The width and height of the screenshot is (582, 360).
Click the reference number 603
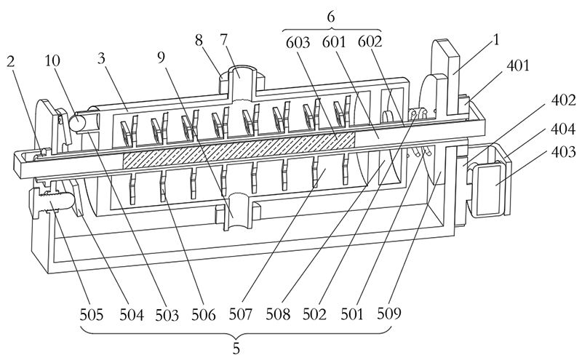pos(298,43)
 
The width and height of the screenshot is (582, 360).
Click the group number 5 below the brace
pos(236,348)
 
